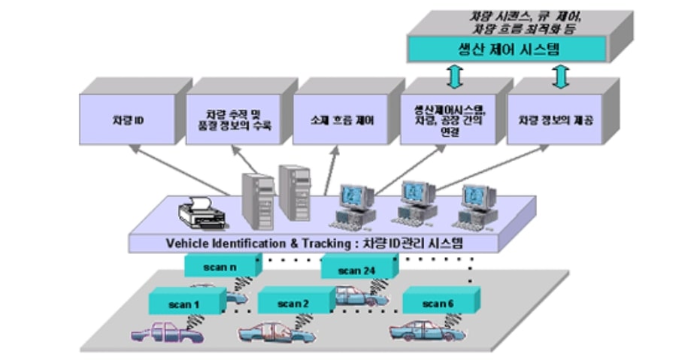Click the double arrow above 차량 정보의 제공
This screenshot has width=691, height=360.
click(x=559, y=75)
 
